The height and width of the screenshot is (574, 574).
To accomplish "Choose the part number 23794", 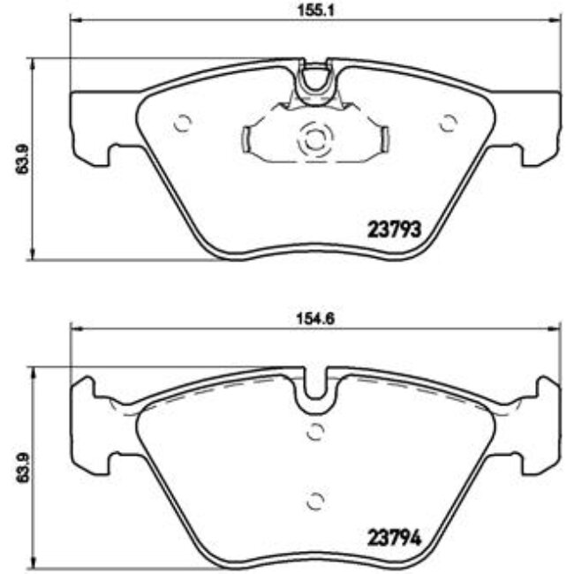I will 391,536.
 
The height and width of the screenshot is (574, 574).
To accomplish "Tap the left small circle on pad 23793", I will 183,124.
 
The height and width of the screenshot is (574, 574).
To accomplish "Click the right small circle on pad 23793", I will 447,124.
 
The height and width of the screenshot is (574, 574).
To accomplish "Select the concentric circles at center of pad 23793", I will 314,139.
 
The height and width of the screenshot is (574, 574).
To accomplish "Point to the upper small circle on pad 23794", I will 314,432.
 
